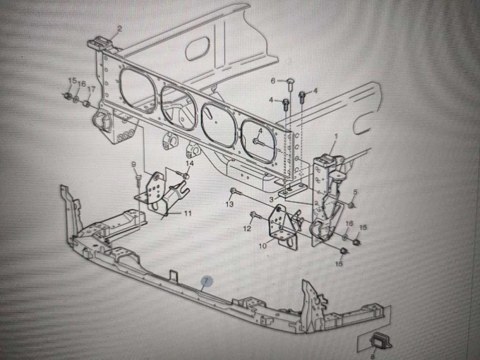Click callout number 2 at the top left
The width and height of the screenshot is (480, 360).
click(x=120, y=29)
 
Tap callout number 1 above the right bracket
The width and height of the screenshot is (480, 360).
click(x=336, y=137)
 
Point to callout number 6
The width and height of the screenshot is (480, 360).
click(x=273, y=81)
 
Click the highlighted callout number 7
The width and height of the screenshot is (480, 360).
click(x=205, y=281)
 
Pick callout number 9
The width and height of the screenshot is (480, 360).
click(x=134, y=165)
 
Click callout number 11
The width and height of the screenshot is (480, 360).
click(x=188, y=213)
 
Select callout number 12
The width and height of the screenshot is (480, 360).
click(x=247, y=228)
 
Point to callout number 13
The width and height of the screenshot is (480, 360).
click(x=229, y=204)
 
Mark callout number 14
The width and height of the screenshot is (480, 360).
click(x=190, y=164)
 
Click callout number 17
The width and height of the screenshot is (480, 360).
click(x=91, y=89)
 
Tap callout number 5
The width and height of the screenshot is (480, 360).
click(x=355, y=192)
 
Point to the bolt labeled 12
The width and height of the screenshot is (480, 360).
click(x=254, y=214)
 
